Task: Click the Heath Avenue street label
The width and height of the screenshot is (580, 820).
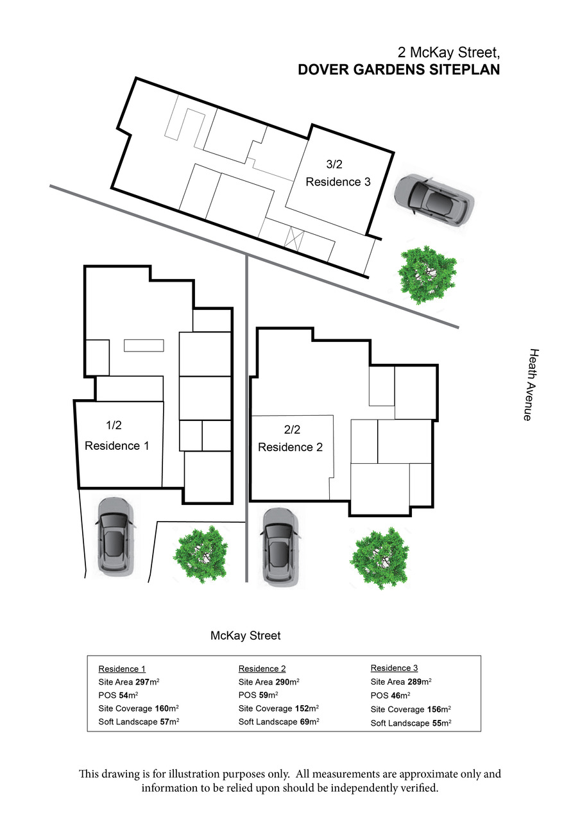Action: pyautogui.click(x=532, y=385)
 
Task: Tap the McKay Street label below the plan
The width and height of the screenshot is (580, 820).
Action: pyautogui.click(x=245, y=635)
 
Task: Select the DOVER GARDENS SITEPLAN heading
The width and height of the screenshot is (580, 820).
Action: pyautogui.click(x=399, y=69)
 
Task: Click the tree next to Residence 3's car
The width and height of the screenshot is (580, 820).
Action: pyautogui.click(x=427, y=275)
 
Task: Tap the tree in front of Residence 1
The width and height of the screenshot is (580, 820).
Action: pyautogui.click(x=200, y=555)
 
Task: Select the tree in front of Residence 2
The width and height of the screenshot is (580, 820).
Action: pyautogui.click(x=379, y=558)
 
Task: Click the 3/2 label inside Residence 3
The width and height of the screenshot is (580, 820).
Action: pyautogui.click(x=334, y=164)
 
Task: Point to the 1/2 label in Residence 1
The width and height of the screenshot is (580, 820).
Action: pyautogui.click(x=114, y=425)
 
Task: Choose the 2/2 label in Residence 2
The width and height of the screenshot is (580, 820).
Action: pyautogui.click(x=292, y=429)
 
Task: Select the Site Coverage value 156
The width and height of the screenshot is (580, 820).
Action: pyautogui.click(x=434, y=709)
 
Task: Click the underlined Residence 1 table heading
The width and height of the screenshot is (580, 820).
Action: pyautogui.click(x=122, y=669)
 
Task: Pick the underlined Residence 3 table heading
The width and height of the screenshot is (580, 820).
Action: pyautogui.click(x=394, y=668)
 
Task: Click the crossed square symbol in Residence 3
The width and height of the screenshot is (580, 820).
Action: pyautogui.click(x=294, y=238)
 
